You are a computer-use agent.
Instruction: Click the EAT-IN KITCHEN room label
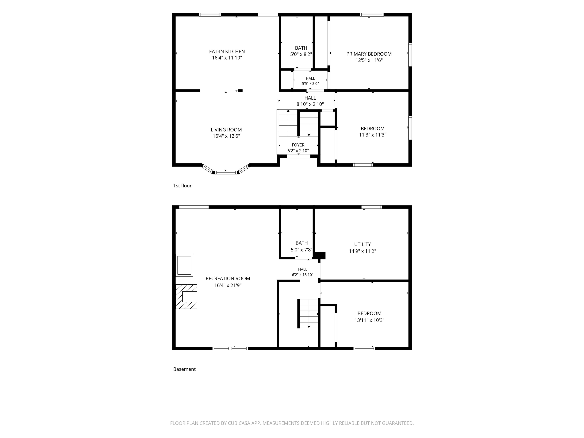pyautogui.click(x=227, y=52)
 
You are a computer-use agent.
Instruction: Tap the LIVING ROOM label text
pyautogui.click(x=226, y=130)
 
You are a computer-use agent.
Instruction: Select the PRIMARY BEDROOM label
pyautogui.click(x=369, y=54)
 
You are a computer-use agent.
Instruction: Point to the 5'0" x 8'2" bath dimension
pyautogui.click(x=301, y=54)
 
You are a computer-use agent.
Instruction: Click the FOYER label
pyautogui.click(x=298, y=145)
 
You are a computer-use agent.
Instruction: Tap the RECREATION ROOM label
pyautogui.click(x=228, y=278)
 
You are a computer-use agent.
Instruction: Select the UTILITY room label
pyautogui.click(x=363, y=244)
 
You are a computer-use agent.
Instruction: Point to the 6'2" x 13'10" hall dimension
pyautogui.click(x=303, y=275)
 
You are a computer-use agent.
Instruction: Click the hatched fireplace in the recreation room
pyautogui.click(x=186, y=297)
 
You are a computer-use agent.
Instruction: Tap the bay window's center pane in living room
pyautogui.click(x=226, y=173)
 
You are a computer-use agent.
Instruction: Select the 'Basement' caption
pyautogui.click(x=184, y=369)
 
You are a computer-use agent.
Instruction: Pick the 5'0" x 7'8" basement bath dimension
pyautogui.click(x=302, y=249)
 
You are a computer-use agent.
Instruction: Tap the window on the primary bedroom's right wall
pyautogui.click(x=410, y=54)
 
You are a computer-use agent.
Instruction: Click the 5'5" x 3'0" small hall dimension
pyautogui.click(x=310, y=83)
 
